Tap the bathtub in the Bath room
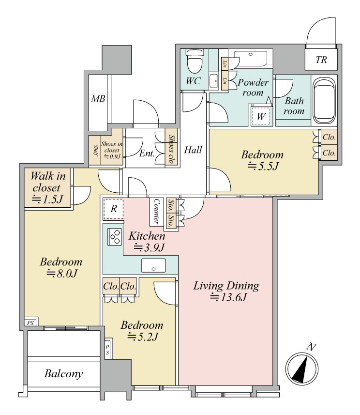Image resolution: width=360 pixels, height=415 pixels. click(x=324, y=101)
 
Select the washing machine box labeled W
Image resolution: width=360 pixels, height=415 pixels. click(x=261, y=116)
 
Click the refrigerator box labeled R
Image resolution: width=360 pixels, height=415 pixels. click(x=114, y=209)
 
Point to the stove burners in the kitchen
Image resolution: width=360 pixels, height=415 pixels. click(x=115, y=236)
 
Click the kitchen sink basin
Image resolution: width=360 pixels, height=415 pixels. click(x=153, y=265)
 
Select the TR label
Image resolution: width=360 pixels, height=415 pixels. click(x=321, y=60)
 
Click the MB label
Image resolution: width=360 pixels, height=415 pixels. click(x=98, y=99)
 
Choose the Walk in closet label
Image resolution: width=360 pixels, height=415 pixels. click(x=48, y=182)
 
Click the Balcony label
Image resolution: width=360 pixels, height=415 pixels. click(x=63, y=374)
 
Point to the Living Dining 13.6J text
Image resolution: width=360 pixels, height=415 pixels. click(x=226, y=292)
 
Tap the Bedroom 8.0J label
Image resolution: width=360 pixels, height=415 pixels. click(x=61, y=267)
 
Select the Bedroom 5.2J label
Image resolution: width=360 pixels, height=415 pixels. click(x=142, y=331)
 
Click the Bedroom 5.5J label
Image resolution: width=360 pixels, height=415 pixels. click(x=262, y=160)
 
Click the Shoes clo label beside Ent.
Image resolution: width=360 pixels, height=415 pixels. click(x=172, y=149)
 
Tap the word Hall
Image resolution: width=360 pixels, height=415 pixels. click(x=193, y=150)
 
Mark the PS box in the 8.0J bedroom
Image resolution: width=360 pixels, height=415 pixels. click(x=30, y=323)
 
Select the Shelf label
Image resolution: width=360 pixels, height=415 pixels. click(x=95, y=150)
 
